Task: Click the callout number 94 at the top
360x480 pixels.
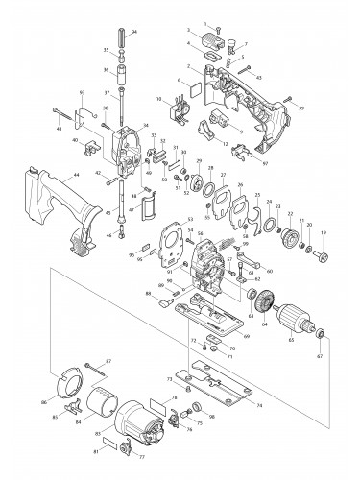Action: [133, 32]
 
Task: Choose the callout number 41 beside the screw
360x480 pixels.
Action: [59, 128]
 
